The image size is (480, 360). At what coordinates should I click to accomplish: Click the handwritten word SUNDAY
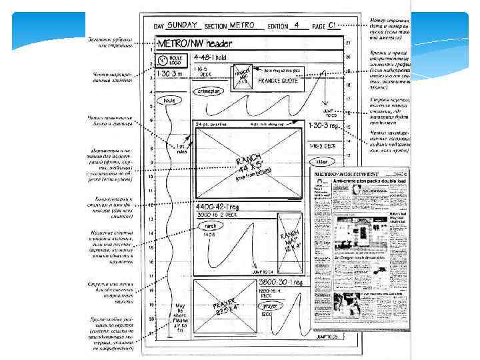pos(183,25)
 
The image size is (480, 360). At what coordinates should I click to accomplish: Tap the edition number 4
pos(295,25)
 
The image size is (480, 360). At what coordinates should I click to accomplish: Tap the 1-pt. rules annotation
pos(181,148)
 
